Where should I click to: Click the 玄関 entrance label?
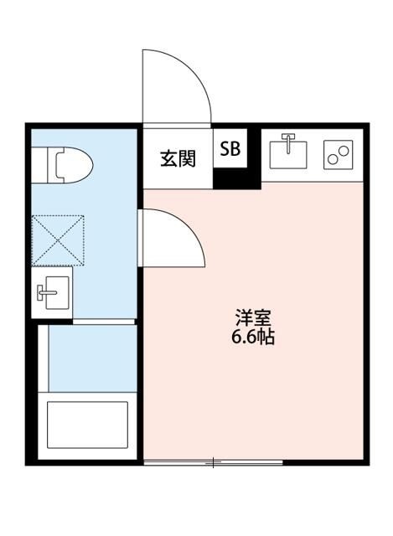tap(178, 158)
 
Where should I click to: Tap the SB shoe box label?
tap(230, 149)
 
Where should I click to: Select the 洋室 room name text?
tap(252, 319)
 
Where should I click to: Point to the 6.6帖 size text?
tap(252, 338)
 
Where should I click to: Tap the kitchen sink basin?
tap(288, 152)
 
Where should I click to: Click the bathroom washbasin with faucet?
tap(52, 294)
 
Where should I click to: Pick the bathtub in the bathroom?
tap(86, 425)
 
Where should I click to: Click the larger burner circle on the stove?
tap(343, 151)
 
